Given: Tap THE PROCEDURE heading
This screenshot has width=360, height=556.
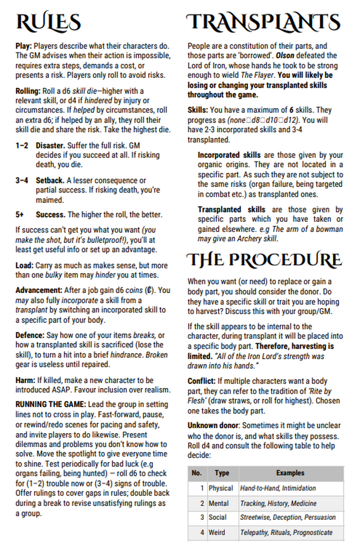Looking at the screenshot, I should coord(263,260).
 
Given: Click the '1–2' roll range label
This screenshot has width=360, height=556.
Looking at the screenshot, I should coord(22,145).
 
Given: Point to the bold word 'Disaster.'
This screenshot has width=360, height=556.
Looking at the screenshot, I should coord(51,145).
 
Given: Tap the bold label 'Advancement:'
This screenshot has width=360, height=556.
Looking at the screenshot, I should coord(38,290).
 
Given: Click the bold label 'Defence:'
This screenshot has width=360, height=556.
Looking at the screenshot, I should coord(30,336).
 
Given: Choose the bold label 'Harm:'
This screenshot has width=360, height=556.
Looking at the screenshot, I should coord(25,380).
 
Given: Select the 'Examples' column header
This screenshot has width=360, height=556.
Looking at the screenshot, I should coord(290,473).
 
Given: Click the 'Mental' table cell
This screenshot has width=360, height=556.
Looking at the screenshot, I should coord(219,503).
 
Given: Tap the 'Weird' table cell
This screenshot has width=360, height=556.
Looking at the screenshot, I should coord(217,532).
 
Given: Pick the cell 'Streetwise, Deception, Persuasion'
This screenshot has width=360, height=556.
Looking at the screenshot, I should coord(288,518).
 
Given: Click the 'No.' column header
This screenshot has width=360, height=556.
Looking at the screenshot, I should coord(196,473).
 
